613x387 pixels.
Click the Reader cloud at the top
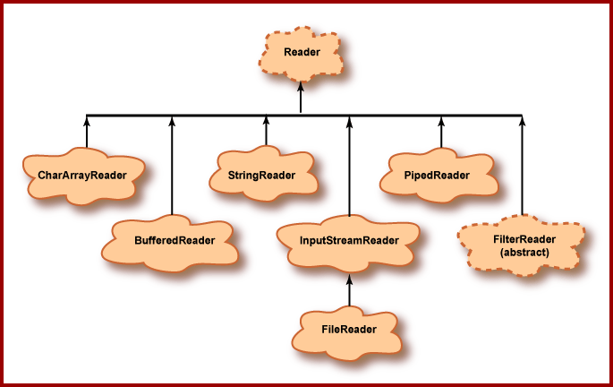point(302,52)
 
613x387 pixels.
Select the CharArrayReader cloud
point(82,175)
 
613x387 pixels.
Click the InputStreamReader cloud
point(349,240)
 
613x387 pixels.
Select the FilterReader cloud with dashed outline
point(524,245)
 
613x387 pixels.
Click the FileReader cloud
point(348,329)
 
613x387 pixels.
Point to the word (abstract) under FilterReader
point(524,254)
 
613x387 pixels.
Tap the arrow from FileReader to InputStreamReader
point(349,291)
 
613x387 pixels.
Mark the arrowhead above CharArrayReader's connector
point(87,120)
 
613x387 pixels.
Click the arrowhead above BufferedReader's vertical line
point(170,120)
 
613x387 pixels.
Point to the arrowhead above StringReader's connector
point(266,120)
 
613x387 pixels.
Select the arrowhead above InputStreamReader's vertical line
point(349,120)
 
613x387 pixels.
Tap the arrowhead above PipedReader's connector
point(441,120)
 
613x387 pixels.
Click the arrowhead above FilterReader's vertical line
point(523,120)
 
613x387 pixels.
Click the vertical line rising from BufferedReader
point(170,170)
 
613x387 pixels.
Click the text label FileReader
point(348,329)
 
